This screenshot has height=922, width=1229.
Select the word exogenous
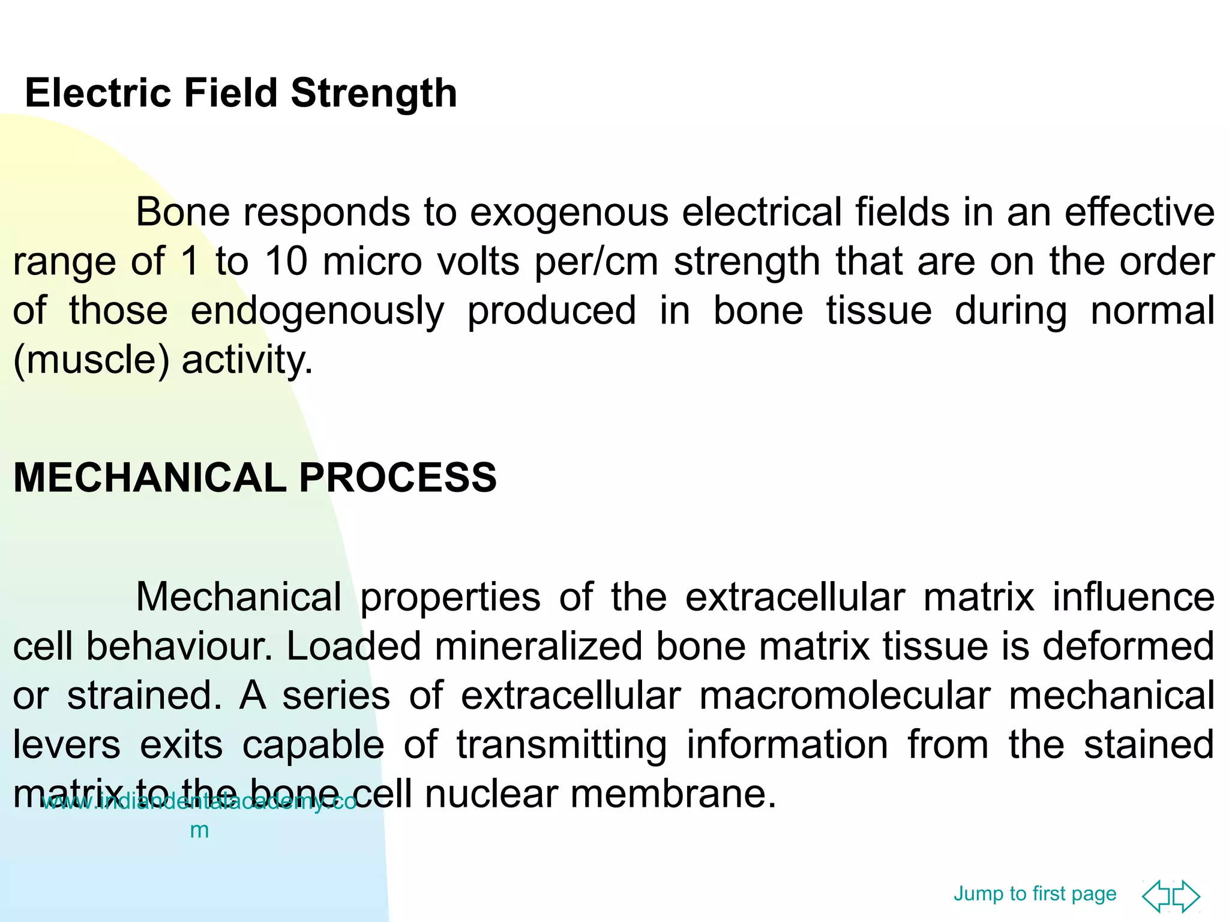[568, 212]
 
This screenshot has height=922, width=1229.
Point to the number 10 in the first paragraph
[286, 262]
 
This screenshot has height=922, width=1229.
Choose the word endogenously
[317, 311]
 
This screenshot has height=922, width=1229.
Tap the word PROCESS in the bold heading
[397, 478]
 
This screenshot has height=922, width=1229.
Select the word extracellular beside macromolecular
[571, 696]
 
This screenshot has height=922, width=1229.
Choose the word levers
[67, 745]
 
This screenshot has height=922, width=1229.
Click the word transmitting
[562, 745]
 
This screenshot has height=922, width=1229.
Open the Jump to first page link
[1035, 893]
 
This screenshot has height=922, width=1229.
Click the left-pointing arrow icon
[1156, 896]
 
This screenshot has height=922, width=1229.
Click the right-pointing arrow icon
[1186, 896]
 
